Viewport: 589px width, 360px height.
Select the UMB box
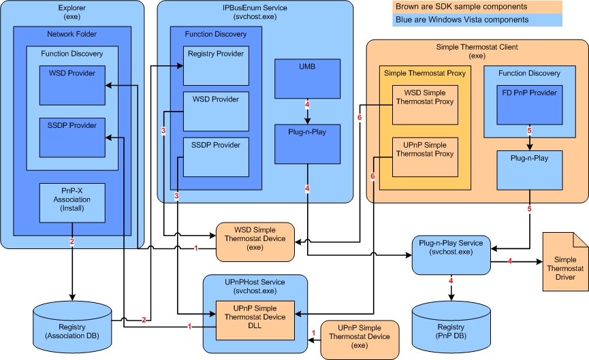point(307,78)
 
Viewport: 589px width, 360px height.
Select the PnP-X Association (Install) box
point(71,203)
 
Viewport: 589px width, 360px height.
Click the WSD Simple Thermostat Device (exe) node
point(255,241)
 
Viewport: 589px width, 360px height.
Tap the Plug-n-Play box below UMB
point(307,144)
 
